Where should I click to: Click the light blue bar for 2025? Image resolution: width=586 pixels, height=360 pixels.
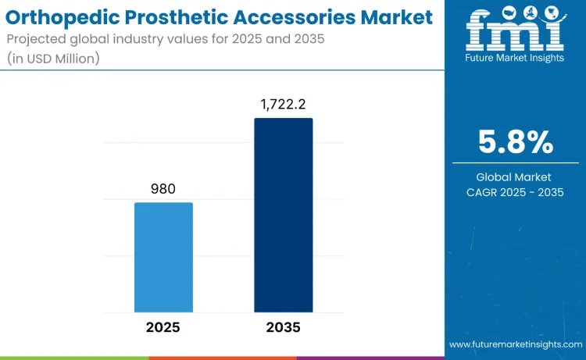tap(163, 258)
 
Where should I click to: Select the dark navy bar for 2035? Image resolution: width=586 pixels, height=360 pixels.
tap(283, 216)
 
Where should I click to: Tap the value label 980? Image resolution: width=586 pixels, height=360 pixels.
tap(163, 188)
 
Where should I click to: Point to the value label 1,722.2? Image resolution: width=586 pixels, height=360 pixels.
tap(283, 103)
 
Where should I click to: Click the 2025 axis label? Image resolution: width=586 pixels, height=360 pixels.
tap(163, 327)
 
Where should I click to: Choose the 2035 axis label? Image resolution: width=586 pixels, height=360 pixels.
tap(283, 327)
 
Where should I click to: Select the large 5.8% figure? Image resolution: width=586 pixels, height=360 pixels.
tap(515, 143)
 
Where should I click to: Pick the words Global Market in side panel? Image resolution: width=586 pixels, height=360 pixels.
tap(515, 177)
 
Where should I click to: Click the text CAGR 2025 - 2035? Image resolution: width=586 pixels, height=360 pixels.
tap(515, 192)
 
